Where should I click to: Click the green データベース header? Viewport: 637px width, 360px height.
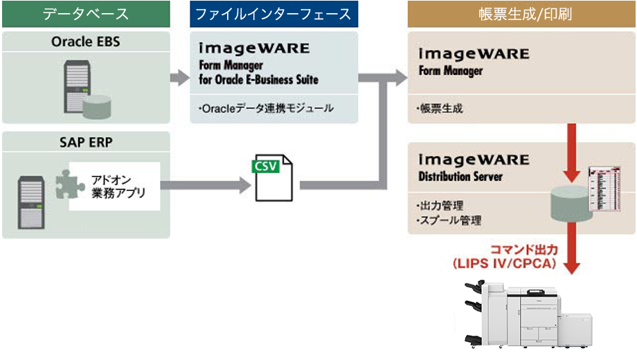click(x=86, y=14)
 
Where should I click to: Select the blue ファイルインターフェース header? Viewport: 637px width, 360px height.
click(x=273, y=14)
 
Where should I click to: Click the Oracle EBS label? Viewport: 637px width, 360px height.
click(x=86, y=42)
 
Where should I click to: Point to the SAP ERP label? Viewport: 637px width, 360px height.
click(x=86, y=143)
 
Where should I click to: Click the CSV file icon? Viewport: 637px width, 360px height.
click(x=273, y=179)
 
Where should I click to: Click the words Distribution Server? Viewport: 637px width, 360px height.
click(x=460, y=177)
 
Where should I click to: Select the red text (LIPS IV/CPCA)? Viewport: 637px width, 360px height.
click(x=503, y=264)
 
